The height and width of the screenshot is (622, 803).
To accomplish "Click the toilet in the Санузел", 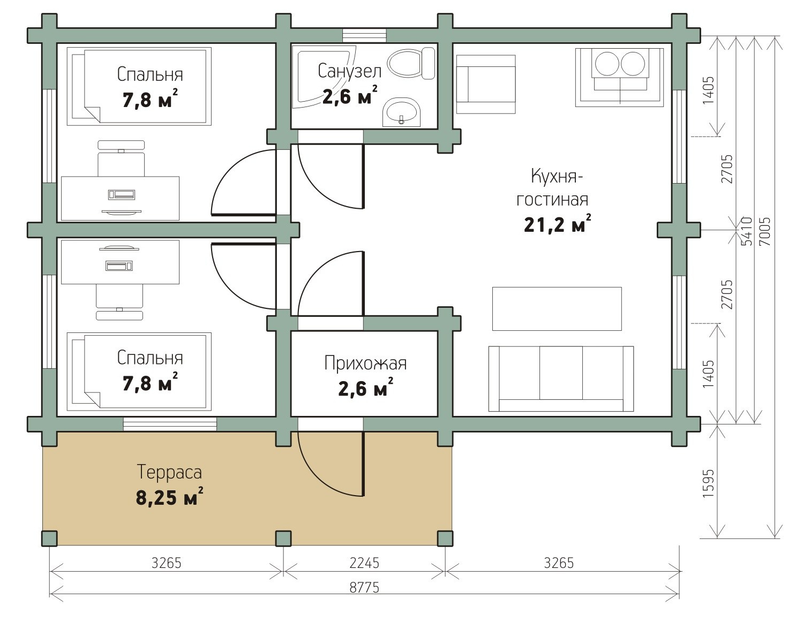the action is [x=411, y=63].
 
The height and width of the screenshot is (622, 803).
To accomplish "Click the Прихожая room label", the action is [x=365, y=363].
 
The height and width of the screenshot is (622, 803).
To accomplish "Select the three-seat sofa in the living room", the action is [x=561, y=378].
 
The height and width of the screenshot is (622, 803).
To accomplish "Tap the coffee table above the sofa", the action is [x=557, y=309].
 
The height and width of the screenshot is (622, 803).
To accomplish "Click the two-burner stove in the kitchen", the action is [x=619, y=77].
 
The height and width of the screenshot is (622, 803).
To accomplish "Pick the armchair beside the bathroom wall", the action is [x=486, y=84].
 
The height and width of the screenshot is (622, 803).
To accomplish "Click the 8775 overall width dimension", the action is [x=364, y=587].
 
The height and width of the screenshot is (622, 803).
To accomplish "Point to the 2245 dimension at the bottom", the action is [x=364, y=563].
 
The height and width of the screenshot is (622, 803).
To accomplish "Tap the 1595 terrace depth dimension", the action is [x=708, y=483].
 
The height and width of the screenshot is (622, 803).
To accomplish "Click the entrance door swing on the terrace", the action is [x=331, y=465].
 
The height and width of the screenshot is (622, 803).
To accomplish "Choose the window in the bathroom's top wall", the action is [x=364, y=35].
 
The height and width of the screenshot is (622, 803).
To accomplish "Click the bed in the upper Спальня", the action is [x=139, y=86].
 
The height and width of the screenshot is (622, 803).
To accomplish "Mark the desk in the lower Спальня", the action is [x=120, y=262].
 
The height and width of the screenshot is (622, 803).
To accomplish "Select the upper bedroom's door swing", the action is [x=244, y=183].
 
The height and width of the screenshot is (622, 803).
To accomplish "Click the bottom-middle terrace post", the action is [x=283, y=538].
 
